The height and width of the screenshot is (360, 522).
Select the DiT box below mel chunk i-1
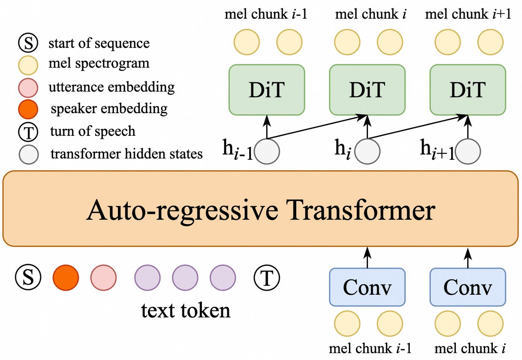(266, 90)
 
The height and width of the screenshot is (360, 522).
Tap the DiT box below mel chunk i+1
(468, 90)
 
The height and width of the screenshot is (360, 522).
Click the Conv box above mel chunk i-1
(367, 287)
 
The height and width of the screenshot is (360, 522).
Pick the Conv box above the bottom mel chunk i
(468, 287)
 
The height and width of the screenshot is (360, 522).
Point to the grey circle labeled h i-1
(267, 152)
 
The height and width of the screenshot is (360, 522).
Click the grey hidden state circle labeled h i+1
(468, 152)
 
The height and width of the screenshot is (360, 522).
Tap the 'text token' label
(186, 310)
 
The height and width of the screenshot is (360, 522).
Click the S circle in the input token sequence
(28, 277)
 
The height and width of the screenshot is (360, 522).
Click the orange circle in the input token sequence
(66, 277)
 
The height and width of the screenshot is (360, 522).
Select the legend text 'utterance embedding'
(112, 87)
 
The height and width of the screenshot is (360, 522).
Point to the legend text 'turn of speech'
(93, 131)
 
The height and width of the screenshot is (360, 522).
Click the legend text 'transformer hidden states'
(127, 154)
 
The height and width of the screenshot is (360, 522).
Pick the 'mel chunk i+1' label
(465, 15)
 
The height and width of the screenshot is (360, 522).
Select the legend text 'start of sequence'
(99, 43)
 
